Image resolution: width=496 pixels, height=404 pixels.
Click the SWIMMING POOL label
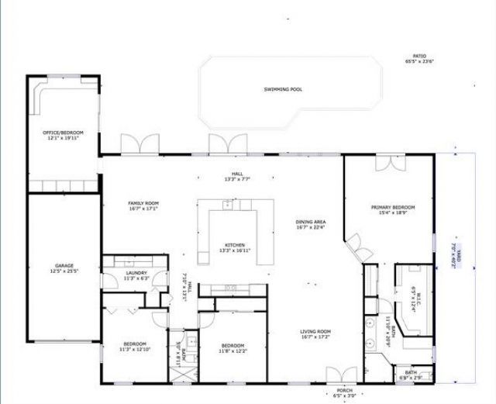tap(283, 89)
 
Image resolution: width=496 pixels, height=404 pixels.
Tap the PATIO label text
tap(419, 56)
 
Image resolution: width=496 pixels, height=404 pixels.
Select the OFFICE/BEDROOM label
tap(63, 133)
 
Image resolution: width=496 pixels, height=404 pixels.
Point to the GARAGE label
tap(64, 265)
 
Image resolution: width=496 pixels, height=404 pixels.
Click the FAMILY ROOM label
tap(143, 203)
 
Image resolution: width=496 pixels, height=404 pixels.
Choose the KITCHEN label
tap(235, 244)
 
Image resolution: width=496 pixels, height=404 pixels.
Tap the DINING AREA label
tap(310, 223)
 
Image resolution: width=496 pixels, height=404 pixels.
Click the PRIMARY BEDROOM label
tap(393, 207)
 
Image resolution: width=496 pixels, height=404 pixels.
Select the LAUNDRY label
tap(136, 273)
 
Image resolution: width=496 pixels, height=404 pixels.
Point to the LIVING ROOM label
tap(315, 332)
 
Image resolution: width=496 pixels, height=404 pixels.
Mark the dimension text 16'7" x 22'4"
tap(310, 228)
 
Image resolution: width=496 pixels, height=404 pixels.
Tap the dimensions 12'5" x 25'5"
tap(64, 271)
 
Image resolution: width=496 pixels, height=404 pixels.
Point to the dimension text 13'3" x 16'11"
tap(235, 250)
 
